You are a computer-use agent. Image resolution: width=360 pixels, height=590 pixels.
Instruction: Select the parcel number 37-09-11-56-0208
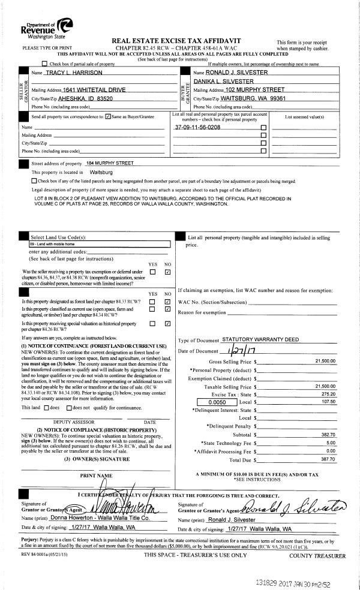197,128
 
